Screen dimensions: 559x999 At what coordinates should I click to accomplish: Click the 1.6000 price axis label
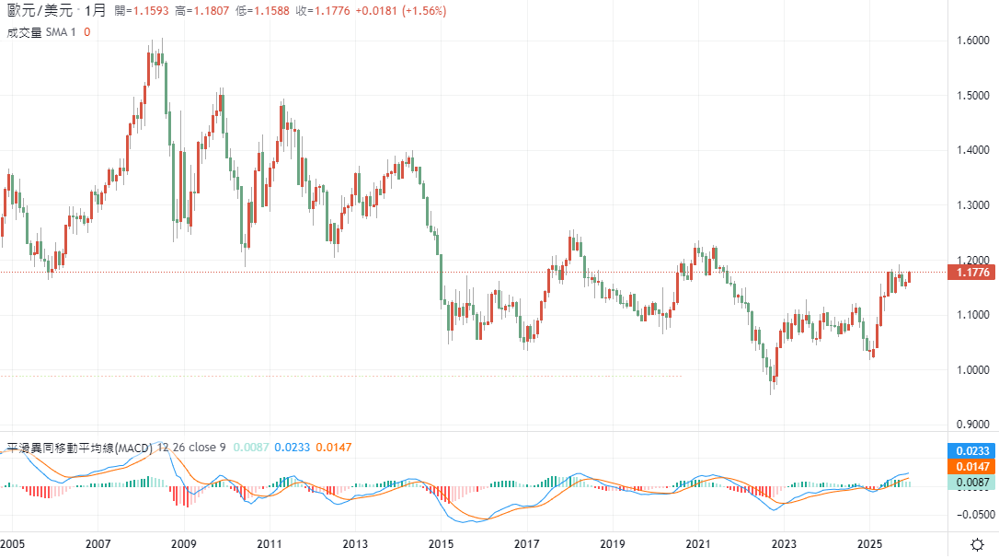pyautogui.click(x=973, y=41)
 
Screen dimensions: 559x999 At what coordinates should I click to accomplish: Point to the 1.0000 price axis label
pyautogui.click(x=973, y=370)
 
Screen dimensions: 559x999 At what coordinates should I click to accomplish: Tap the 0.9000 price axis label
pyautogui.click(x=973, y=425)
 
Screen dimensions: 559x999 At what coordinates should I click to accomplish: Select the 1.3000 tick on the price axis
pyautogui.click(x=973, y=205)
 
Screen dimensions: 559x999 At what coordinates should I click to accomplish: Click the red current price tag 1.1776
pyautogui.click(x=972, y=272)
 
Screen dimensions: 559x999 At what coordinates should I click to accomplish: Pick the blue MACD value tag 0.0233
pyautogui.click(x=972, y=451)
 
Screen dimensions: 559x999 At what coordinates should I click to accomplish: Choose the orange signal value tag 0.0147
pyautogui.click(x=972, y=467)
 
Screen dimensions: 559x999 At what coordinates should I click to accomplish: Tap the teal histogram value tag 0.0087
pyautogui.click(x=972, y=483)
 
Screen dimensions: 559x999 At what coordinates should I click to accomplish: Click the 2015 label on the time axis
pyautogui.click(x=441, y=543)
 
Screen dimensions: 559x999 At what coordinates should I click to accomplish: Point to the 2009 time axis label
pyautogui.click(x=184, y=543)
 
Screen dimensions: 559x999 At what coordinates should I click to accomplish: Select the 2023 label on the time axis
pyautogui.click(x=784, y=543)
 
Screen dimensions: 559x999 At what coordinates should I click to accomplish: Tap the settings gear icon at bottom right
pyautogui.click(x=977, y=544)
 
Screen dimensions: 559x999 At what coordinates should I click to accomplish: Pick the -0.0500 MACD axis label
pyautogui.click(x=973, y=515)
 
